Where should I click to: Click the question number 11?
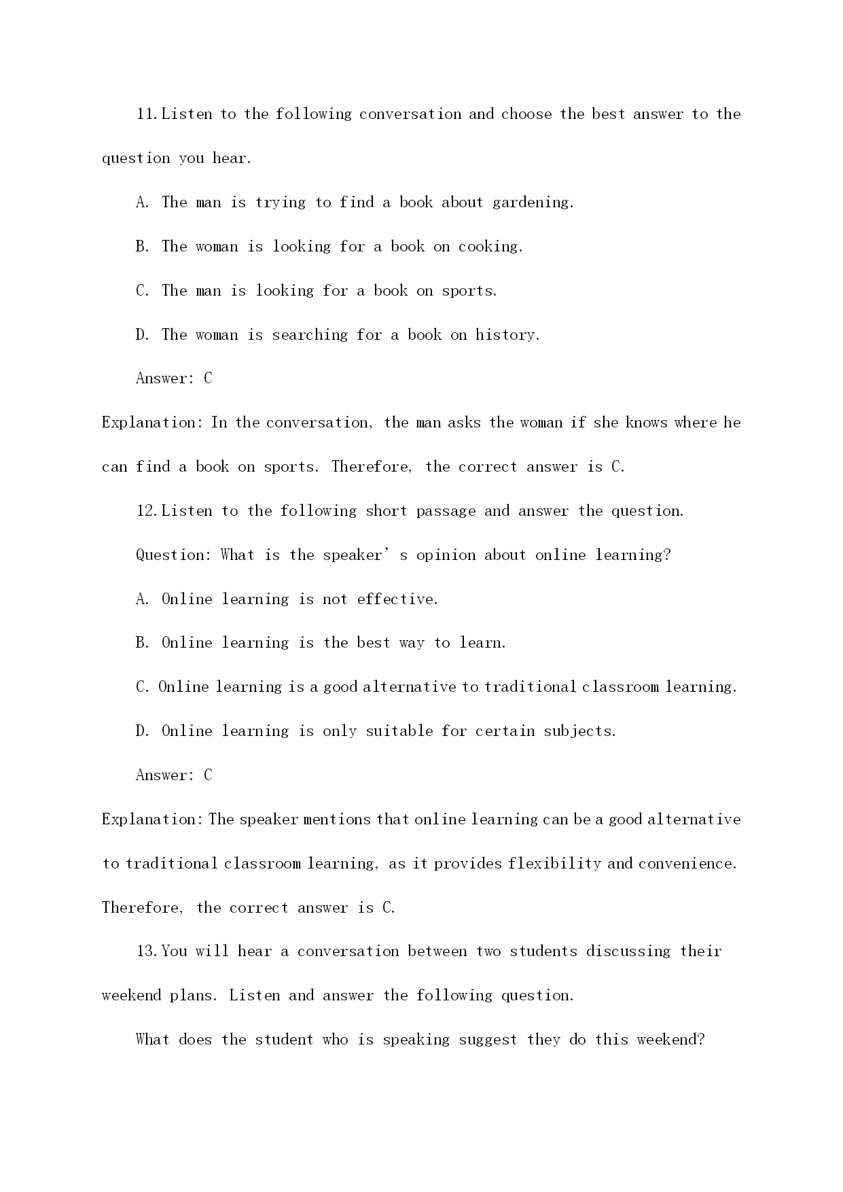(147, 114)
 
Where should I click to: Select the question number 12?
(147, 511)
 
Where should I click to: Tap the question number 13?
(147, 951)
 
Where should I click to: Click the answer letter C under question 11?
(208, 379)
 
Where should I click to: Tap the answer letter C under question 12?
(208, 775)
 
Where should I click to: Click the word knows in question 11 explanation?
(646, 423)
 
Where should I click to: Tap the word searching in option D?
(310, 335)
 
